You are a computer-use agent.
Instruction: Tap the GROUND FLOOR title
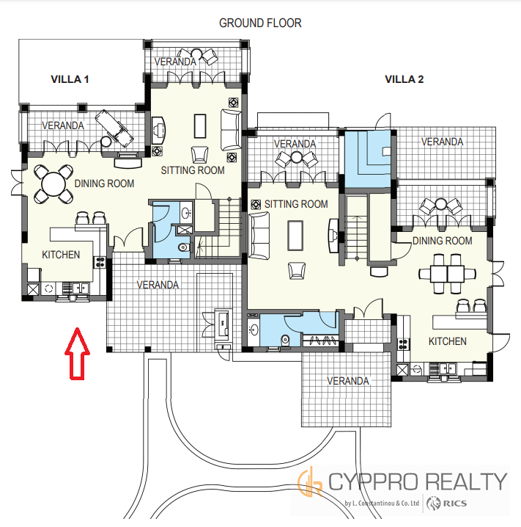pyautogui.click(x=260, y=23)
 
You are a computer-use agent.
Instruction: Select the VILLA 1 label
pyautogui.click(x=70, y=79)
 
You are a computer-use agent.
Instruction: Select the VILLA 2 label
pyautogui.click(x=404, y=79)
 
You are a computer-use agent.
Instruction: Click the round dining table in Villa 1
pyautogui.click(x=53, y=184)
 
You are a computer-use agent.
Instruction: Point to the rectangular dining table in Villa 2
pyautogui.click(x=447, y=274)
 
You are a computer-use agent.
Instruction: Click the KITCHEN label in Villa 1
pyautogui.click(x=61, y=255)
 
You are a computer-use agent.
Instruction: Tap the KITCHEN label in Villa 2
pyautogui.click(x=448, y=341)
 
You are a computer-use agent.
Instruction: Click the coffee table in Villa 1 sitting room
pyautogui.click(x=200, y=126)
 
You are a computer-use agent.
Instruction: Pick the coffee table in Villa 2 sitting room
pyautogui.click(x=295, y=236)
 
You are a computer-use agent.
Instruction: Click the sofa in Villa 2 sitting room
pyautogui.click(x=259, y=236)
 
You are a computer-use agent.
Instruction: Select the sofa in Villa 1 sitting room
pyautogui.click(x=231, y=130)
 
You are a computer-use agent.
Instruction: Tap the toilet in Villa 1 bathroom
pyautogui.click(x=183, y=247)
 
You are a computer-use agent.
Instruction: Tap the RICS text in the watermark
pyautogui.click(x=455, y=504)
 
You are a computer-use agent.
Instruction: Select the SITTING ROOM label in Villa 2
pyautogui.click(x=296, y=204)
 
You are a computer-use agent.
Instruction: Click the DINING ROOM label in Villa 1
pyautogui.click(x=104, y=183)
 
